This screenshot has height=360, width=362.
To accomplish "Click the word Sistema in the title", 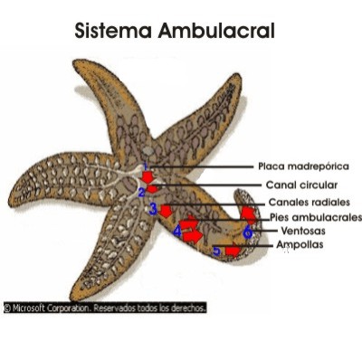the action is point(113,30).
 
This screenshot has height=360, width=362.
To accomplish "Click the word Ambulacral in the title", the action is point(216,30).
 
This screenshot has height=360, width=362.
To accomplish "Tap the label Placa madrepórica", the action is point(303,166).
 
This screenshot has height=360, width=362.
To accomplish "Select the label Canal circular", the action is point(301,185).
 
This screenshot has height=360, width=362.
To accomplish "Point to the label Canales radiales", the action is point(310,202).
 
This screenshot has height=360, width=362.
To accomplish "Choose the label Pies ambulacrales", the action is point(316,217).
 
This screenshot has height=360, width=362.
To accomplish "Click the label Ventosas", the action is point(303,231).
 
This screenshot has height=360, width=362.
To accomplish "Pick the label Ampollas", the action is point(300,244).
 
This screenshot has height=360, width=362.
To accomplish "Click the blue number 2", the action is point(141,193).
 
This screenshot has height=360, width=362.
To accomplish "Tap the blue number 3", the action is point(153,209).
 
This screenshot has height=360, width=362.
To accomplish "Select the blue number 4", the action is point(177,232).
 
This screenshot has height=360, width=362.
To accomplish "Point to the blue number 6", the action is point(248,232).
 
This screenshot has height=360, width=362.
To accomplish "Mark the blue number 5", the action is point(216,251).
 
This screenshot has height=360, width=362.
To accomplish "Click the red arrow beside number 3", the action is point(166,211).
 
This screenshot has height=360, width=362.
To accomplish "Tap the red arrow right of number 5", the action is point(233,251).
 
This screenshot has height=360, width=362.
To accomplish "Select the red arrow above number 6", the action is point(248,214).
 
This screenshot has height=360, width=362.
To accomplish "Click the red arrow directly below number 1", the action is point(148,177).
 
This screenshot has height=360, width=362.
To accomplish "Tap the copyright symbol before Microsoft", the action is point(7,308).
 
